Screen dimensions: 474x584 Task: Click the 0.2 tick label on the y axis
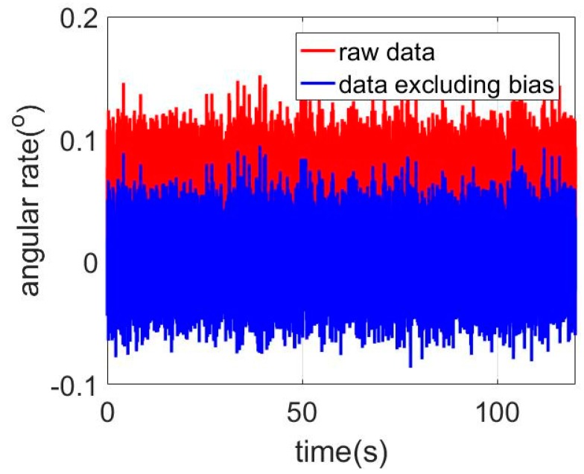click(74, 20)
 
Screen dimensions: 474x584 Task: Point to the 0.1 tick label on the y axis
click(74, 141)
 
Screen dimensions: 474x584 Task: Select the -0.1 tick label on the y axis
click(69, 385)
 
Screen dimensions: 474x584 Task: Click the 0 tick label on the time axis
click(108, 411)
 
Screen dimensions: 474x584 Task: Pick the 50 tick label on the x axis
click(302, 411)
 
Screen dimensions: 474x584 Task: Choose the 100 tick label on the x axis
click(497, 411)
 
